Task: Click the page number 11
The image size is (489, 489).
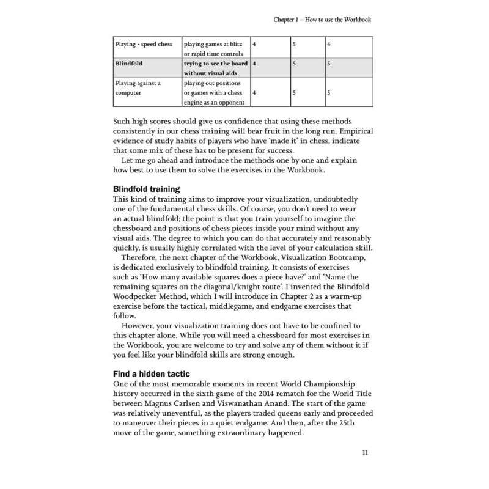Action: (x=364, y=453)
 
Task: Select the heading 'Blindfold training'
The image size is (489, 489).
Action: (x=146, y=189)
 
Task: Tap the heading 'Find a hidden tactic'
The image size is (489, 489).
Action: (x=151, y=373)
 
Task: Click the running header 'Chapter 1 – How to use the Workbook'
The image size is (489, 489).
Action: (x=322, y=20)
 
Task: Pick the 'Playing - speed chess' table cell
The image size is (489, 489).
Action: (x=144, y=44)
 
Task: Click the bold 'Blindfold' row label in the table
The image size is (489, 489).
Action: (x=129, y=63)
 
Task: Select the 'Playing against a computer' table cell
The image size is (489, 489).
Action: (x=138, y=87)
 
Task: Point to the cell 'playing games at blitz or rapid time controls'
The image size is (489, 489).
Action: (x=214, y=49)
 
